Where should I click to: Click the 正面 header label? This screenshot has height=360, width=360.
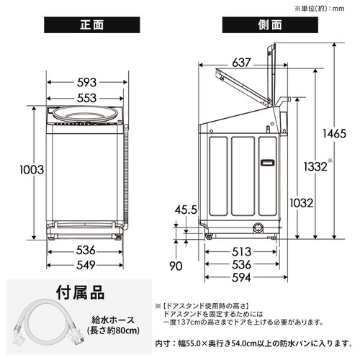point(91,25)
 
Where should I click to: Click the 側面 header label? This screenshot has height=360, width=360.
point(270,25)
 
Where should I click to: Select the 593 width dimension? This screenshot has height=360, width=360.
point(87,83)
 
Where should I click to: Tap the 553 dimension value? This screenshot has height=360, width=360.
point(87,98)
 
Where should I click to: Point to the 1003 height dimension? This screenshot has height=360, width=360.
point(32,170)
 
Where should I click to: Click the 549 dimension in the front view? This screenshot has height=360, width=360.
point(86,265)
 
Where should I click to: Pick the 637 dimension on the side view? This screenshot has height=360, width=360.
point(241,63)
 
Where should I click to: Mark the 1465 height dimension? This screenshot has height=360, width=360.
point(334,134)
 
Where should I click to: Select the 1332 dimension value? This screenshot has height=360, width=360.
point(315,166)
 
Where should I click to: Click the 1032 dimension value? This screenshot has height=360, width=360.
point(302,203)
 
